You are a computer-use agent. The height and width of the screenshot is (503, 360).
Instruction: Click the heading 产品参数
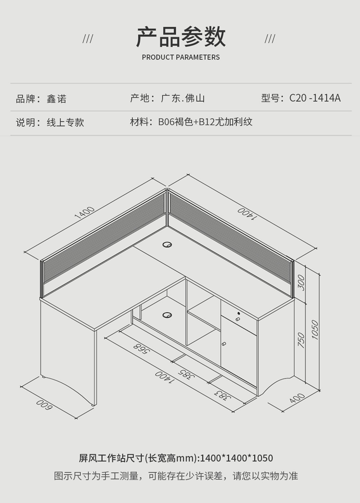(x=180, y=37)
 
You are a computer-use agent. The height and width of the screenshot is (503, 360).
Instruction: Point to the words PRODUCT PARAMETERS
(x=180, y=57)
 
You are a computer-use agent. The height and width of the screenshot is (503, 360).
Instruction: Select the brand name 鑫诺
(x=57, y=99)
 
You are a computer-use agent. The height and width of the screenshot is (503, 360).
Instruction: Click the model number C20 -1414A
(x=315, y=98)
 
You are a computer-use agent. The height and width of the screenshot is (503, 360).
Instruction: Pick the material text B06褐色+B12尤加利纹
(x=205, y=122)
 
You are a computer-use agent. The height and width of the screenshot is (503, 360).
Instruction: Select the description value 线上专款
(x=65, y=123)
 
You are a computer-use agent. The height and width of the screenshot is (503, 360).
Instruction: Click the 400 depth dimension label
(x=298, y=397)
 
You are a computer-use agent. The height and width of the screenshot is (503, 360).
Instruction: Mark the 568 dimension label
(x=140, y=348)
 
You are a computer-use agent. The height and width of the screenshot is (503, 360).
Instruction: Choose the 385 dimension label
(x=187, y=374)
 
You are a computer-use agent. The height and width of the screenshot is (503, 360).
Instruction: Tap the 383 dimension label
(x=221, y=395)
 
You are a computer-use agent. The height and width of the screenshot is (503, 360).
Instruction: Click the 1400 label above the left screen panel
(x=84, y=212)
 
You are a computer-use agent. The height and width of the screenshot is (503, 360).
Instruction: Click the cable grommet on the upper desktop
(x=168, y=245)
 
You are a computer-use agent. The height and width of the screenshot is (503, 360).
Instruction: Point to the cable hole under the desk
(x=168, y=315)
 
